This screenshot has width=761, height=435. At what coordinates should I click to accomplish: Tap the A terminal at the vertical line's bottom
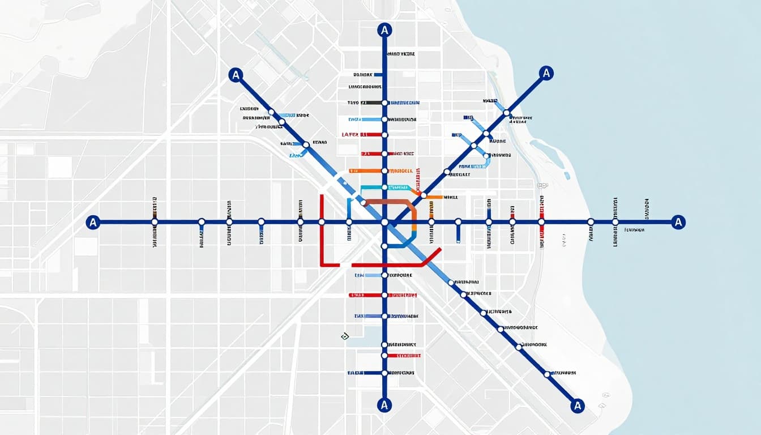click(x=384, y=404)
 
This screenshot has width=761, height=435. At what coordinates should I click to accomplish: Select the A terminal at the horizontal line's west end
click(x=93, y=222)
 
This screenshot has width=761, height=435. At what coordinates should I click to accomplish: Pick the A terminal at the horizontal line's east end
click(x=678, y=222)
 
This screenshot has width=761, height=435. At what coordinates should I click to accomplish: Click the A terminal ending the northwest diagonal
click(x=236, y=74)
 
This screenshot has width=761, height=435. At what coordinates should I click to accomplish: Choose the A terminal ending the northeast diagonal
click(x=546, y=73)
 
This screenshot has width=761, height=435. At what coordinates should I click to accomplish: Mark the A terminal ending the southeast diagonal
click(x=577, y=405)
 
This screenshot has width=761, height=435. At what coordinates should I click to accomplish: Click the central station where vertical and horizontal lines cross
click(x=384, y=222)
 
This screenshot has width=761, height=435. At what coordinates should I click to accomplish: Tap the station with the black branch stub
click(x=384, y=103)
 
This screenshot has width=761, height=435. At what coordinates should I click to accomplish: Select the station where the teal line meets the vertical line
click(x=384, y=187)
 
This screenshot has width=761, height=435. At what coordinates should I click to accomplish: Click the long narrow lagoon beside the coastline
click(x=548, y=153)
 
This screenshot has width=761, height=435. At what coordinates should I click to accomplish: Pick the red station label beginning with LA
click(x=354, y=135)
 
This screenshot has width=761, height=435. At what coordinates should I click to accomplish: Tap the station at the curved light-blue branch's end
click(x=486, y=155)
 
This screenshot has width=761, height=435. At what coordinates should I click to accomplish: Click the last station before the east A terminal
click(x=615, y=222)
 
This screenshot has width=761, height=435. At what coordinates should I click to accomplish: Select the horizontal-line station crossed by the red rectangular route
click(x=322, y=222)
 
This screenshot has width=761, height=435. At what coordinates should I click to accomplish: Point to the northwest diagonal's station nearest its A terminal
click(x=271, y=112)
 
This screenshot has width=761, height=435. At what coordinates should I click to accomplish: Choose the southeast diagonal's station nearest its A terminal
click(x=546, y=374)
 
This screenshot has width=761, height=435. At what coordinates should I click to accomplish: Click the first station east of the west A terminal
click(x=155, y=222)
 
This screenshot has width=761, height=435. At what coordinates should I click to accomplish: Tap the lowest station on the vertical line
click(x=384, y=373)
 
